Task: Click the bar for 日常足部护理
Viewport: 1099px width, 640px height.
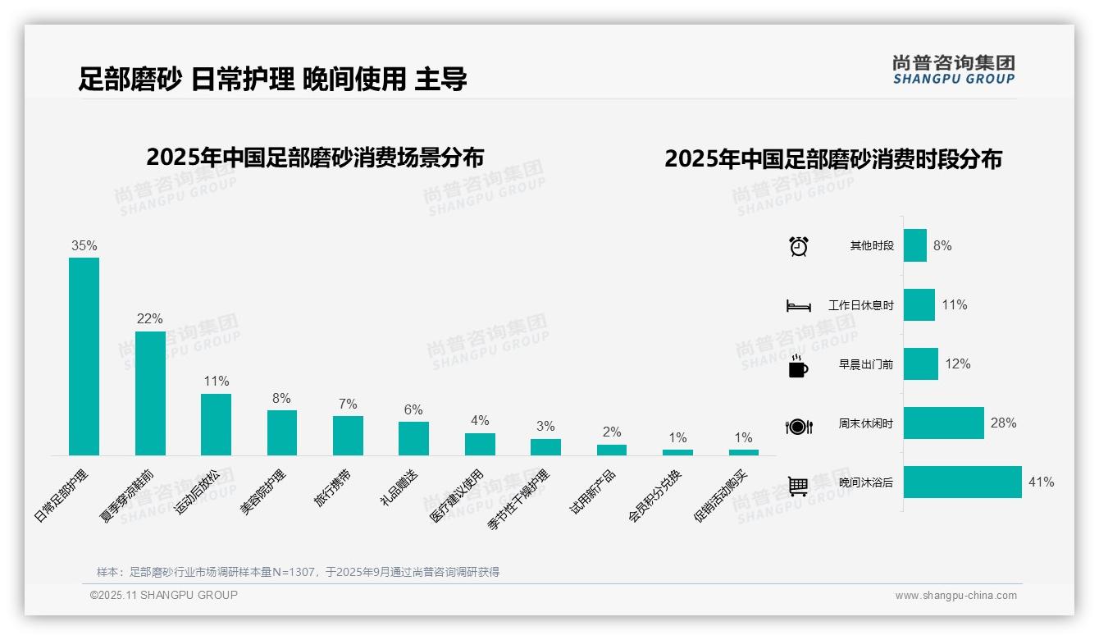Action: coord(84,356)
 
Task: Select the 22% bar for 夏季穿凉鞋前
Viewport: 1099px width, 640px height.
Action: coord(150,393)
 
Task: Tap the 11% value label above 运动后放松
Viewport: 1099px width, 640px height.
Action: coord(216,382)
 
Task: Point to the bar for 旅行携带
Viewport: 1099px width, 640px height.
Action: coord(348,435)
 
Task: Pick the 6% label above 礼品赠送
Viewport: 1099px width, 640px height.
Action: coord(413,410)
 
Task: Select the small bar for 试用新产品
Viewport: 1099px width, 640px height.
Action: coord(611,450)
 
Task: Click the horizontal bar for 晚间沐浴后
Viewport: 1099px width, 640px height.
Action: coord(962,482)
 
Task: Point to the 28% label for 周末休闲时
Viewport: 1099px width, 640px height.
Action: coord(1003,423)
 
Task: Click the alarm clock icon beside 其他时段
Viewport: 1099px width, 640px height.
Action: coord(798,246)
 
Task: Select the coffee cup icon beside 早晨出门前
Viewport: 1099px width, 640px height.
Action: coord(798,365)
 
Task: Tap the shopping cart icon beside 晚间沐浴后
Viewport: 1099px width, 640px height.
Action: coord(798,485)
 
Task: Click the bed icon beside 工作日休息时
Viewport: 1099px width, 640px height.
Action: coord(798,306)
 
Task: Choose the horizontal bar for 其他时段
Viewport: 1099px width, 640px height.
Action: coord(915,245)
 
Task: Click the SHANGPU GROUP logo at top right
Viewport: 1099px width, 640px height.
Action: coord(953,70)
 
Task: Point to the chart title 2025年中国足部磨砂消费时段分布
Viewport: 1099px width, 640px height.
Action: coord(832,159)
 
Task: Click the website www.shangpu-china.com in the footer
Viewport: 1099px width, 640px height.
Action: coord(955,596)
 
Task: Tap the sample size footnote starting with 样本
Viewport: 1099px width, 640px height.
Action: coord(298,572)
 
